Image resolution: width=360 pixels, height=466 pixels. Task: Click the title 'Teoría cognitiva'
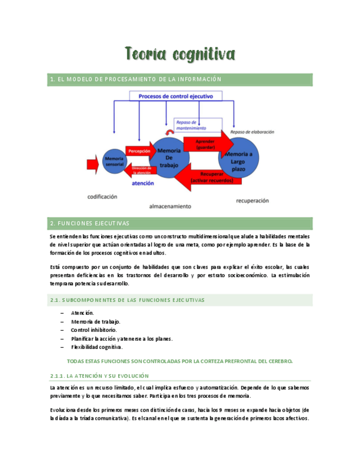click(180, 54)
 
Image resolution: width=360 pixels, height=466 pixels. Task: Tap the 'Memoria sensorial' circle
click(114, 161)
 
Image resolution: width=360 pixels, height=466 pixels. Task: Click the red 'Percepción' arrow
click(140, 151)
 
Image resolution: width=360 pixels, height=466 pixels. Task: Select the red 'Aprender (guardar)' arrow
click(202, 144)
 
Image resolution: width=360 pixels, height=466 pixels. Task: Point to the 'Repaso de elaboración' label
click(252, 132)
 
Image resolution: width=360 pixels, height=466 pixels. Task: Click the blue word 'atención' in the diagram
click(143, 183)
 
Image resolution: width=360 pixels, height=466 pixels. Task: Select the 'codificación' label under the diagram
click(102, 196)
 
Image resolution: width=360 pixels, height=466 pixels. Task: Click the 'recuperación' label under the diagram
click(252, 201)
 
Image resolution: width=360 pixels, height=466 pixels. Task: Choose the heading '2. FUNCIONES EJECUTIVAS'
click(90, 224)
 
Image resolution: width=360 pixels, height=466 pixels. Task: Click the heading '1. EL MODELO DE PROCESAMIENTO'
click(135, 79)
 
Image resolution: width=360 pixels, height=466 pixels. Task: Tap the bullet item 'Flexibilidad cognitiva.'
click(97, 347)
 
